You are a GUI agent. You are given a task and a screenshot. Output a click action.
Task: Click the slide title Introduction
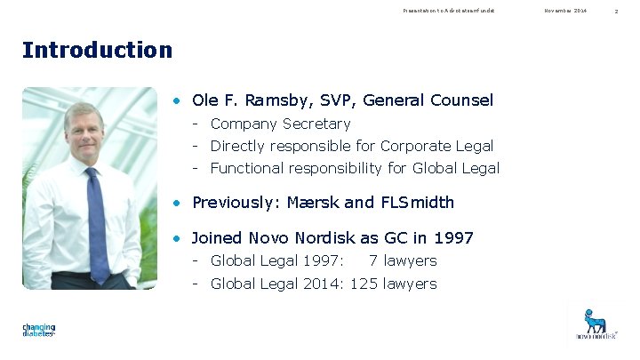pos(98,50)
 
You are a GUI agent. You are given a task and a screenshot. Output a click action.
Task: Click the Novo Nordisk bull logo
pos(595,322)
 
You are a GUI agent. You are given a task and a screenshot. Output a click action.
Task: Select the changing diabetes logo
pos(39,330)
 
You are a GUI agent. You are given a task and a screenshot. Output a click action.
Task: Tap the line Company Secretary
pos(280,124)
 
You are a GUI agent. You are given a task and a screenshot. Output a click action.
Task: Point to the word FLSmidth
pos(417,203)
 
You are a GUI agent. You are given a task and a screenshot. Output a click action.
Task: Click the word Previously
pos(234,203)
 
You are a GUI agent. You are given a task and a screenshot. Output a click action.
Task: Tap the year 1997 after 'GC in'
pos(453,238)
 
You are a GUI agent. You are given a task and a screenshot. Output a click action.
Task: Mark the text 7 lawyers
pos(403,260)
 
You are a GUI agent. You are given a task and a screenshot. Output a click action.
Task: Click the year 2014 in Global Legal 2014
pos(324,284)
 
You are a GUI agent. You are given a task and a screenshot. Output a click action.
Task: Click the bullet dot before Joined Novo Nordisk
pos(179,238)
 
